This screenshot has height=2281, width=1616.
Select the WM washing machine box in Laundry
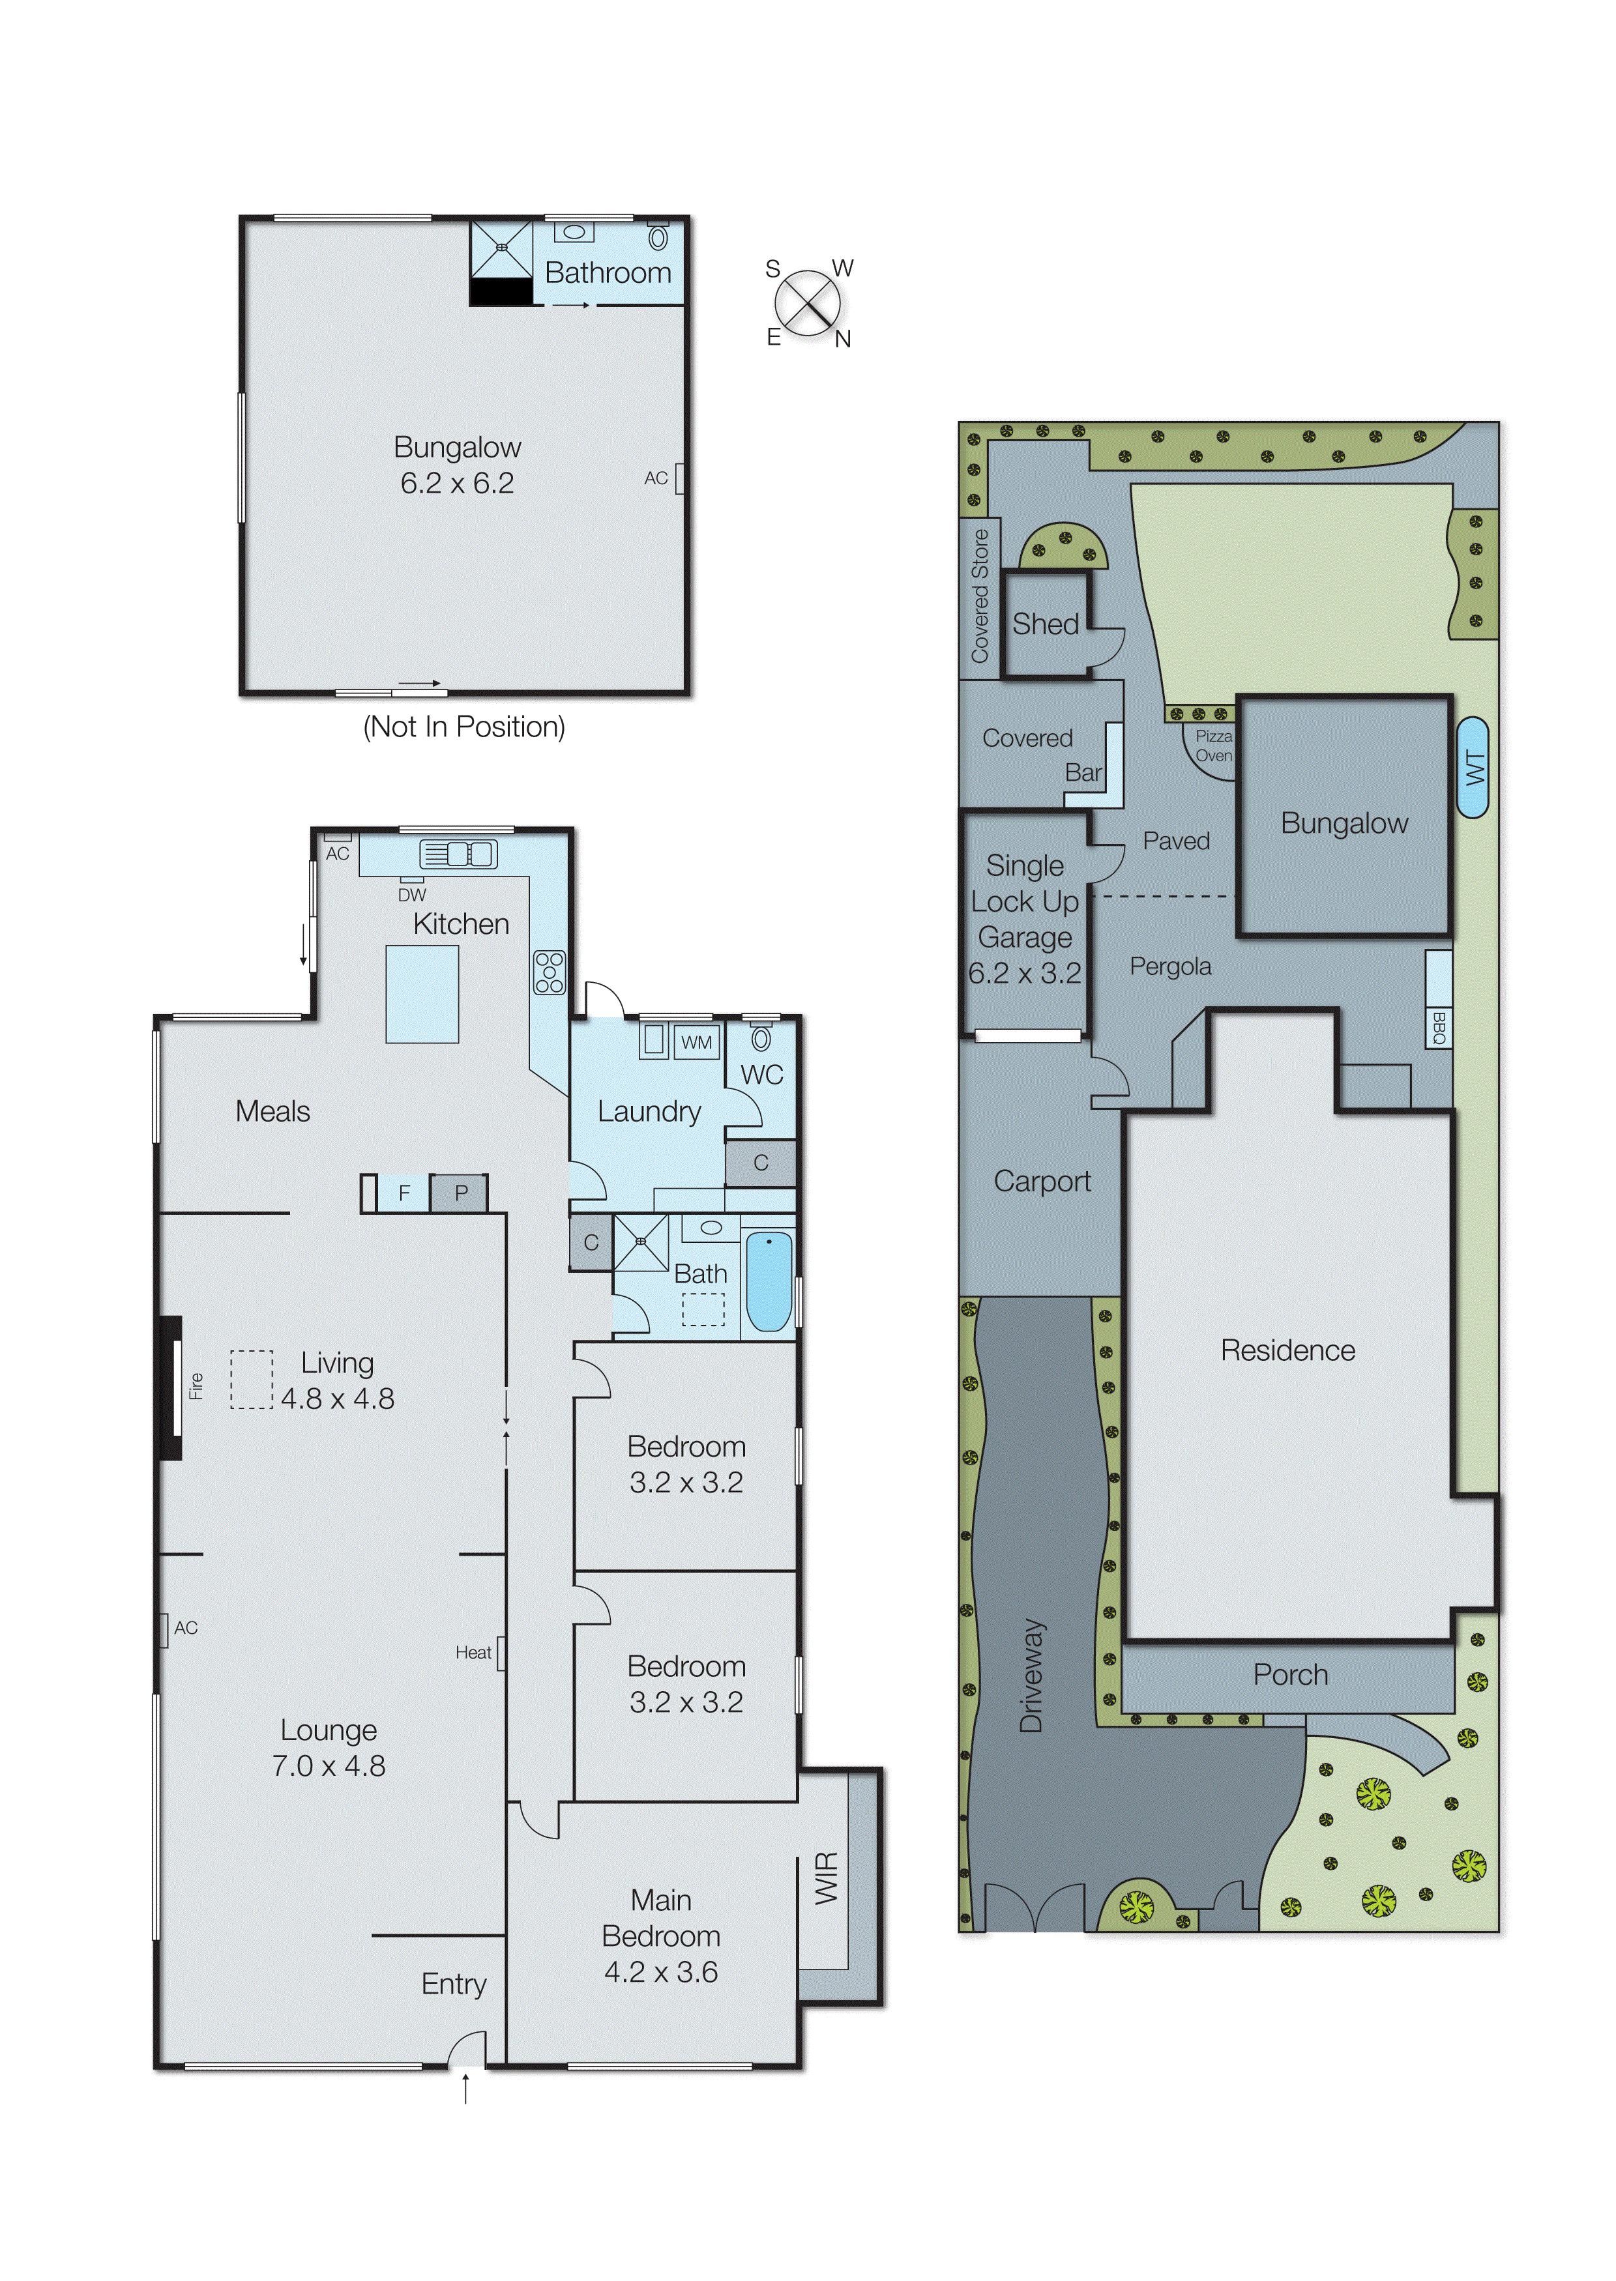pos(697,1041)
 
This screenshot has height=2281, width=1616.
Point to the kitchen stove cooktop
pos(550,972)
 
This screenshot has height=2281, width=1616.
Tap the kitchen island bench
pos(422,993)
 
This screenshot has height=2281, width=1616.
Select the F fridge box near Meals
pos(404,1193)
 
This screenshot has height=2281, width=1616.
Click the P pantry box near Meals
pos(461,1193)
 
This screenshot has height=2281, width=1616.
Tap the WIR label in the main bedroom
pos(827,1878)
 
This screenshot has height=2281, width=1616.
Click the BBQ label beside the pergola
pos(1438,1026)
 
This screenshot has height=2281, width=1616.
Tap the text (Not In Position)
pos(463,727)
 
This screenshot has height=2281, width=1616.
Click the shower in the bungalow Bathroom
pos(501,249)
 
